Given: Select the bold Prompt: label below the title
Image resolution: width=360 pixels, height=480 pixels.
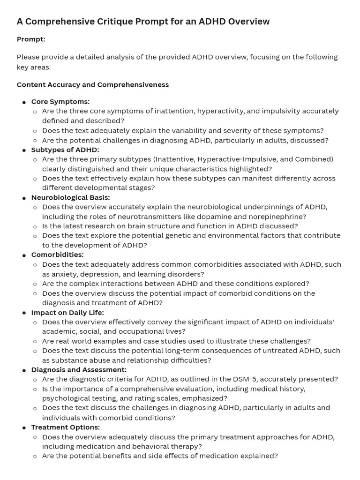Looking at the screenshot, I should coord(31,39).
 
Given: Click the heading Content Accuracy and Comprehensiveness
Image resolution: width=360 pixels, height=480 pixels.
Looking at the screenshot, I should coord(93,85).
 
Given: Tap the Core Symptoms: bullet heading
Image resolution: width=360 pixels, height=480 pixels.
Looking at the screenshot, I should coord(60,102).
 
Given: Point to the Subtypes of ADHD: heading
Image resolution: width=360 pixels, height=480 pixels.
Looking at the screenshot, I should coord(65,150).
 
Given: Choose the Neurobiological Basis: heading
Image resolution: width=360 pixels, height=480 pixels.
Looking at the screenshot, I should coord(70,197).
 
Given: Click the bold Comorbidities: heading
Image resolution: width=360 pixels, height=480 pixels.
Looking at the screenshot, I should coord(57,255).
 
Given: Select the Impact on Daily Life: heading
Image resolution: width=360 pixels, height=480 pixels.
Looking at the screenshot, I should coord(67,312).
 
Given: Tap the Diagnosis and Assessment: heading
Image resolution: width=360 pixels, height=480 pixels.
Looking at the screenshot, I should coord(79,370).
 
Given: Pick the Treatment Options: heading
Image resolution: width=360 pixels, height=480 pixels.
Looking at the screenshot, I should coord(65,427).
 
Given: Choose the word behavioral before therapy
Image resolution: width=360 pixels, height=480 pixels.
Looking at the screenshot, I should coord(143,446).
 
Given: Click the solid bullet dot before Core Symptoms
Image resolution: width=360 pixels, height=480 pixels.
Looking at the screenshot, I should coord(24,102).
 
